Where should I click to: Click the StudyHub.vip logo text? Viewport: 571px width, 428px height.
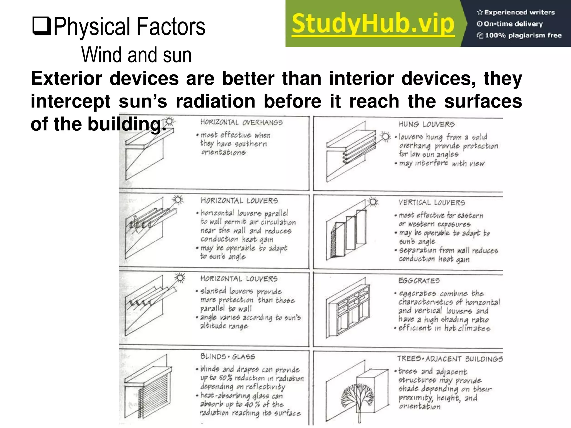373,24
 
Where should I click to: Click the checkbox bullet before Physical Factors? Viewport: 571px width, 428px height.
42,26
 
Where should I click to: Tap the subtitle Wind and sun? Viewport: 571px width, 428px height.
136,55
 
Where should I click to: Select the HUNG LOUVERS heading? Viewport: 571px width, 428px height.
426,124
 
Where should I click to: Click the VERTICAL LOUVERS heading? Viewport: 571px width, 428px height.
432,203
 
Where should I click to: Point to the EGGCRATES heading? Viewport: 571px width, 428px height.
419,281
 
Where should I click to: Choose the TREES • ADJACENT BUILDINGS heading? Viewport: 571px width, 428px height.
450,359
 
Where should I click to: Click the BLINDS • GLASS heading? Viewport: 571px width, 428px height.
228,357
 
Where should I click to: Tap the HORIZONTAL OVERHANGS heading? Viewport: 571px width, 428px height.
241,123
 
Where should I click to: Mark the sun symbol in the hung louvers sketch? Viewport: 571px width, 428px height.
386,137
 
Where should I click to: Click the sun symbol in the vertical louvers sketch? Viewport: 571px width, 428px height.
373,202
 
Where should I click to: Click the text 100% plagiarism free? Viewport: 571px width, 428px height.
523,35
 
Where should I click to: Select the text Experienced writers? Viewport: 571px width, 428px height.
519,12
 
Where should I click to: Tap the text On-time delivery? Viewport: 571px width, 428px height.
513,24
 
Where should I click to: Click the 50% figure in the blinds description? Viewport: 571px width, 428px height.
225,378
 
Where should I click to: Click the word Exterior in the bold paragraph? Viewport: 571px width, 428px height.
66,79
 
